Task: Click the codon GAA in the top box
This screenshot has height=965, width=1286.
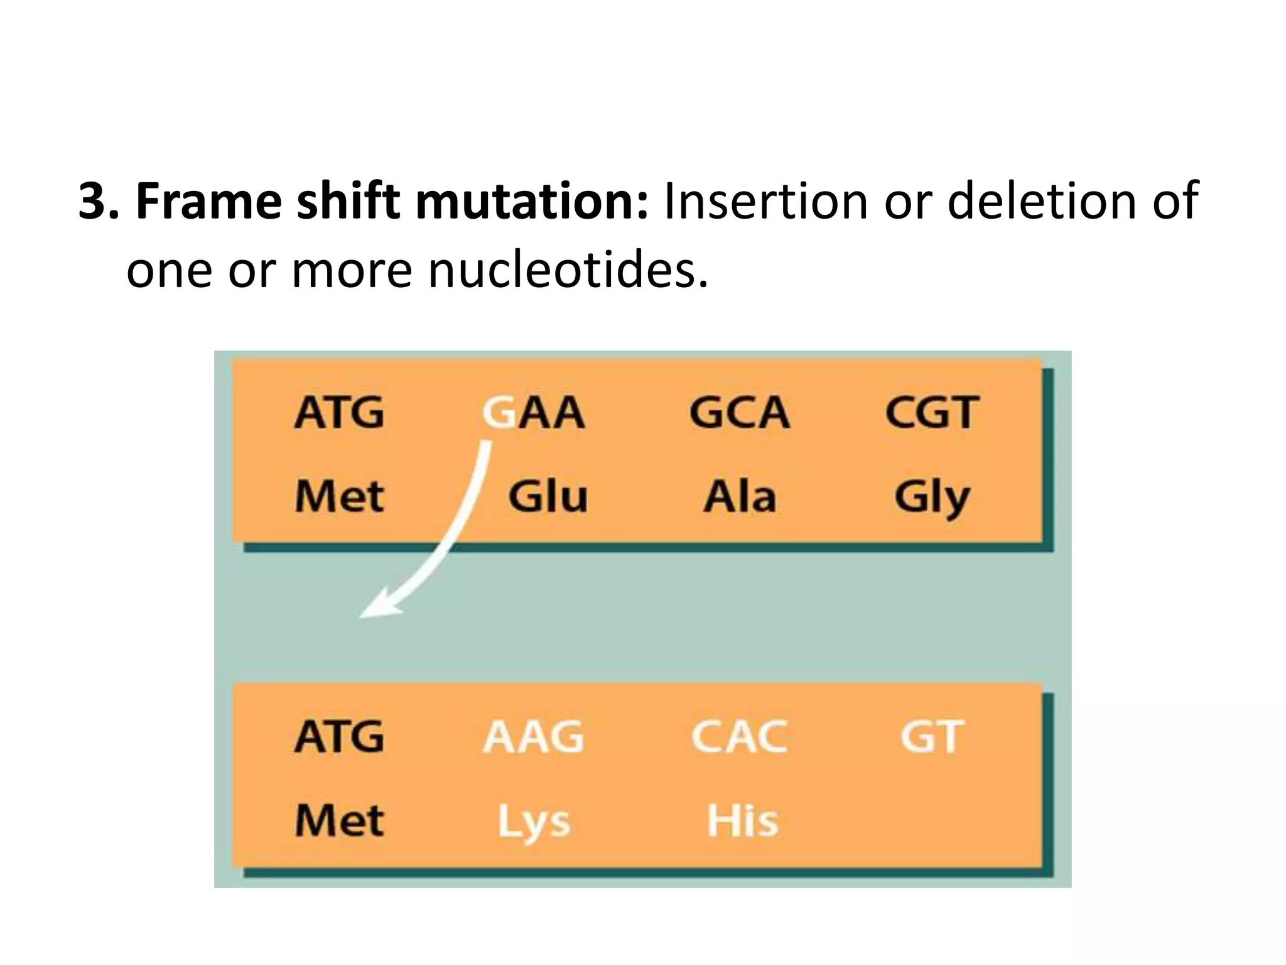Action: pos(534,413)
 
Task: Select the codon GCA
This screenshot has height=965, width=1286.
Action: pos(739,413)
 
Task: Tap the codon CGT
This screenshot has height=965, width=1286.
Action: pos(932,413)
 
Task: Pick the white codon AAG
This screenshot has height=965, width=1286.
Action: pos(534,736)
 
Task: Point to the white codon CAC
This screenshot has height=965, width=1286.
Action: pos(739,736)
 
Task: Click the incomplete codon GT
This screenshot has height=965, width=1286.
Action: pos(932,736)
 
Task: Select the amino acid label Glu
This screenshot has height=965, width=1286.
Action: pos(548,496)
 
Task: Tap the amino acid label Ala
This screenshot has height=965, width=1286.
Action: pos(740,496)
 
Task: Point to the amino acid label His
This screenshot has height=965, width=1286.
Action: pos(742,821)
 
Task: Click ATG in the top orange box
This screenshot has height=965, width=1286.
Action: pos(339,413)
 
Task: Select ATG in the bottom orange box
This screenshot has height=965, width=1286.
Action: pos(339,736)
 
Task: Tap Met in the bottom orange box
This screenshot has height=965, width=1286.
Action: pos(339,821)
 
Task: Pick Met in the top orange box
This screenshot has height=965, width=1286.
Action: pos(339,496)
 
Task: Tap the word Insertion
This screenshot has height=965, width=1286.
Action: pos(765,201)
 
